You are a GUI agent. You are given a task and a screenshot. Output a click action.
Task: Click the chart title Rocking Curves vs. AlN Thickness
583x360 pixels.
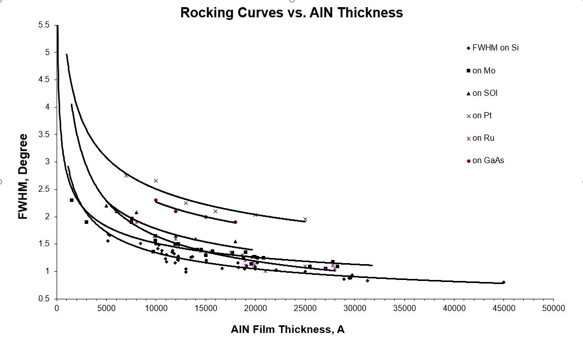click(291, 13)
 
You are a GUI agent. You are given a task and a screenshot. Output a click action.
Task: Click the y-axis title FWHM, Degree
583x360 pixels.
click(22, 176)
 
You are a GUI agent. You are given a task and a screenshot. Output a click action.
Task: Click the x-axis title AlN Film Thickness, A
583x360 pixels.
click(287, 329)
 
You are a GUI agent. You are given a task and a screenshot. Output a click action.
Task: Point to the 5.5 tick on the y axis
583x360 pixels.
click(44, 24)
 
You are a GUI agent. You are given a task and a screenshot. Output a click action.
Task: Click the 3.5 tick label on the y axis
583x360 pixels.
click(44, 135)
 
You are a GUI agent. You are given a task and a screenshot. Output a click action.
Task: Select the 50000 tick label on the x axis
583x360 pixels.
click(553, 308)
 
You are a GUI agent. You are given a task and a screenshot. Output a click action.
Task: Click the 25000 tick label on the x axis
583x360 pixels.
click(305, 308)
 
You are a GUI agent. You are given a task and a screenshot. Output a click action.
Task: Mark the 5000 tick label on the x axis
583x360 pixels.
click(106, 308)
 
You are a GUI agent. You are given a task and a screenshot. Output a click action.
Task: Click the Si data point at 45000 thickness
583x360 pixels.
click(503, 282)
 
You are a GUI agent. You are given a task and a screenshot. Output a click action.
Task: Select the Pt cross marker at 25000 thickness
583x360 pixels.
click(305, 219)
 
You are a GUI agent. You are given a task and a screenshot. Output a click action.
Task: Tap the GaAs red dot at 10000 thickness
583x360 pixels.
click(156, 200)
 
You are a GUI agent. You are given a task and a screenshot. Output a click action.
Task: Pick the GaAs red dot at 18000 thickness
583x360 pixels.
click(235, 222)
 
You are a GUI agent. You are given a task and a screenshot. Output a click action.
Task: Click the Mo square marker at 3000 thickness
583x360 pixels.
click(86, 222)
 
